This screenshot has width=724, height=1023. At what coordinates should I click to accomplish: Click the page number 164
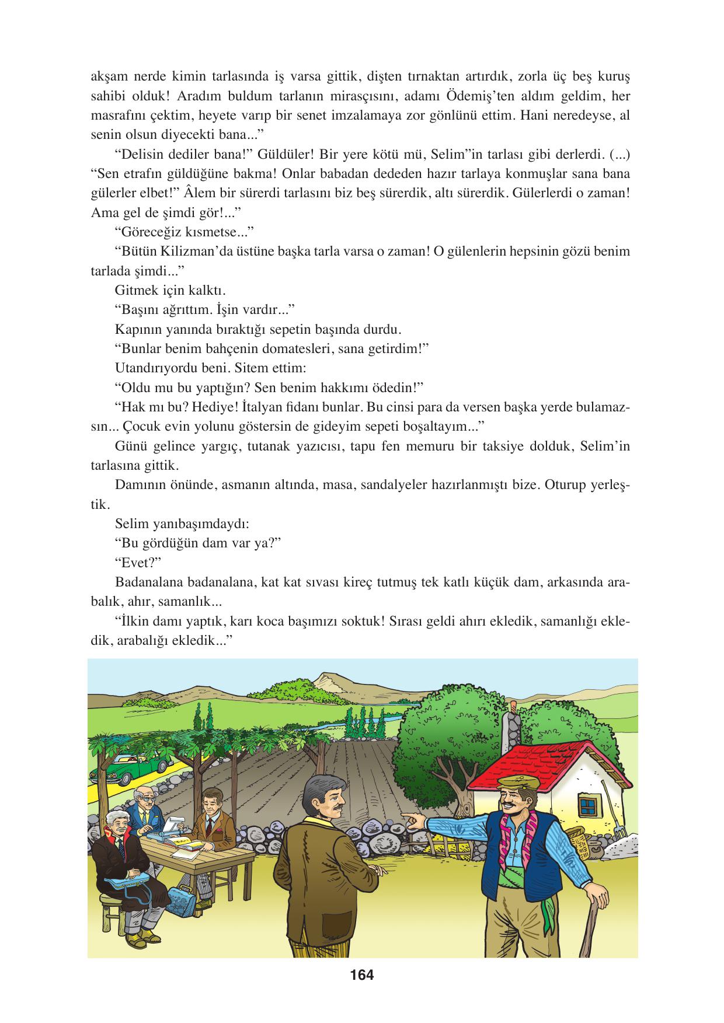tap(361, 975)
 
